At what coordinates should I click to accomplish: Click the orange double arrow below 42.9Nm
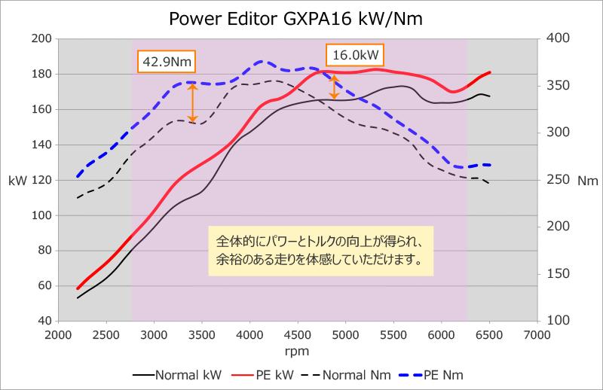pos(192,102)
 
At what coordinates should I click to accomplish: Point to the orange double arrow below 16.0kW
pos(335,87)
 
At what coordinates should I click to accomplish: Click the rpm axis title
pos(297,351)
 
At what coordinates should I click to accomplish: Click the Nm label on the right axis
pos(586,181)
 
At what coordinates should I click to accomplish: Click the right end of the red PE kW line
pos(489,73)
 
